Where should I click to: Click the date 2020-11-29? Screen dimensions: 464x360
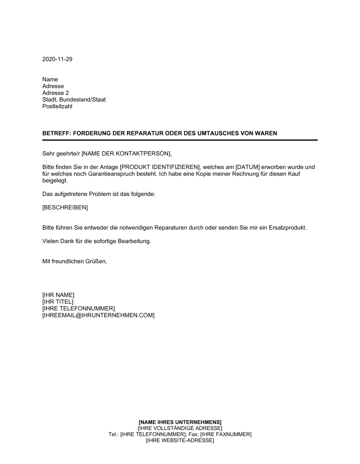click(x=57, y=59)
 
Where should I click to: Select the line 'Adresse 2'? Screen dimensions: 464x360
click(x=55, y=93)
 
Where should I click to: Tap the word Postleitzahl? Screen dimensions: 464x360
click(x=57, y=106)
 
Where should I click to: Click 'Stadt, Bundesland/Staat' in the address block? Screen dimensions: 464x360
click(x=74, y=100)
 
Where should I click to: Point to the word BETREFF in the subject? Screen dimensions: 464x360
click(x=55, y=133)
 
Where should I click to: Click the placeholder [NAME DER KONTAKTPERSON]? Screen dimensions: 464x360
click(x=126, y=154)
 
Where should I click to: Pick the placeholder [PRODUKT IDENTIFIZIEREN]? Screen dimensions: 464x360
click(x=159, y=167)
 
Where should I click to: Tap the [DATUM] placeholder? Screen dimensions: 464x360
click(x=247, y=167)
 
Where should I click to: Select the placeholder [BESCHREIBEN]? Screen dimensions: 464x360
click(x=65, y=208)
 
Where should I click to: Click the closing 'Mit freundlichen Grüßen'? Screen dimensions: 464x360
click(x=75, y=261)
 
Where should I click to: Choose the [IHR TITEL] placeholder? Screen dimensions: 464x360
click(x=58, y=302)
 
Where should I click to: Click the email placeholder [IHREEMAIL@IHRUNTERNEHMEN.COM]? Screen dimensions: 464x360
click(x=98, y=315)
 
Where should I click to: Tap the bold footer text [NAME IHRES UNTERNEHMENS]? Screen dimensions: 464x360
click(x=180, y=422)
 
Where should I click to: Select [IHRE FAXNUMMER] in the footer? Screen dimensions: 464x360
click(x=226, y=435)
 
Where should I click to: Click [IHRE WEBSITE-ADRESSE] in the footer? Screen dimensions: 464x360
click(x=180, y=441)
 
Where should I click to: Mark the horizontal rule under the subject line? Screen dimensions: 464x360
click(x=180, y=140)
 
